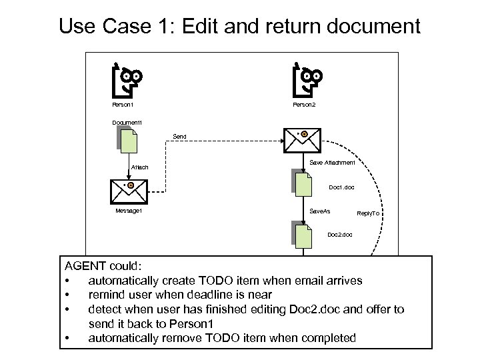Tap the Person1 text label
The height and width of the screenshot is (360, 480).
[123, 105]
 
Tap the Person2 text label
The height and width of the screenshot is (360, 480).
[304, 105]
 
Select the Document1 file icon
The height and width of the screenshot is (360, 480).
[126, 141]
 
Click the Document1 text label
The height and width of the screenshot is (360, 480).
[126, 122]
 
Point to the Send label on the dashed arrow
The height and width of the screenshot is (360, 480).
[179, 137]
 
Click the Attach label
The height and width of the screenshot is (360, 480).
[139, 167]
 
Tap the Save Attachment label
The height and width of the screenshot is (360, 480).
[333, 163]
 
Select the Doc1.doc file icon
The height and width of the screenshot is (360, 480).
[302, 183]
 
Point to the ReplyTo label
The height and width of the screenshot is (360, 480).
[368, 213]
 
